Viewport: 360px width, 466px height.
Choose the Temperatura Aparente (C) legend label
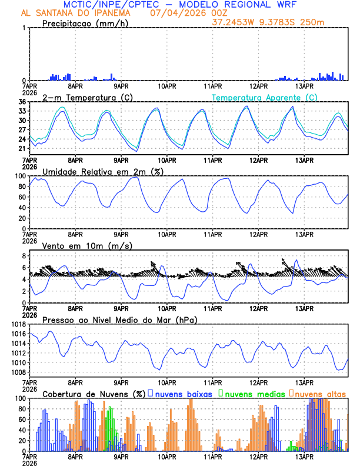click(265, 97)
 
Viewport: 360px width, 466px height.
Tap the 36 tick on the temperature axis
click(21, 102)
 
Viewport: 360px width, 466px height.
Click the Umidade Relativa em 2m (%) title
click(102, 171)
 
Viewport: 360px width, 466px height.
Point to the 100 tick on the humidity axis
click(19, 176)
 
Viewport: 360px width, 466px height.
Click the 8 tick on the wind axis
click(23, 256)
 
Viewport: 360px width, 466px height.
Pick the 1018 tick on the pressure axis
click(17, 324)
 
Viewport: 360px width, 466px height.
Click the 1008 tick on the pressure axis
click(17, 372)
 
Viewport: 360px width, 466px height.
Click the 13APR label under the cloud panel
click(304, 457)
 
